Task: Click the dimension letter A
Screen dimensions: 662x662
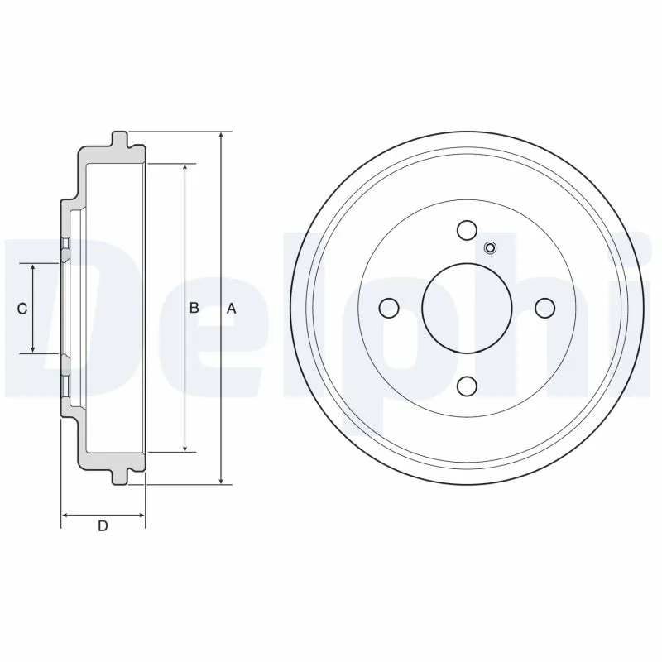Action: pyautogui.click(x=233, y=308)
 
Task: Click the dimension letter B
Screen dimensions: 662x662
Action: pyautogui.click(x=194, y=308)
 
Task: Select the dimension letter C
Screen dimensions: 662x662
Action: pyautogui.click(x=22, y=309)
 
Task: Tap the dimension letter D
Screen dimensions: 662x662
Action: pyautogui.click(x=103, y=526)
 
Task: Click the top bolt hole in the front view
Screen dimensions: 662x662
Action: pyautogui.click(x=467, y=229)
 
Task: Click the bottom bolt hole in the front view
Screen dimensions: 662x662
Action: pyautogui.click(x=467, y=386)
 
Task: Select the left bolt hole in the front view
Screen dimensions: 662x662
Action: pyautogui.click(x=389, y=308)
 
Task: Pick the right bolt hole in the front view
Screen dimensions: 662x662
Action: pyautogui.click(x=544, y=308)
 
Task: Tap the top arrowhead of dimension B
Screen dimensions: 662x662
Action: pyautogui.click(x=185, y=168)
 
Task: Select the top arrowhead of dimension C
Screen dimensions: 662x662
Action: pyautogui.click(x=33, y=269)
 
